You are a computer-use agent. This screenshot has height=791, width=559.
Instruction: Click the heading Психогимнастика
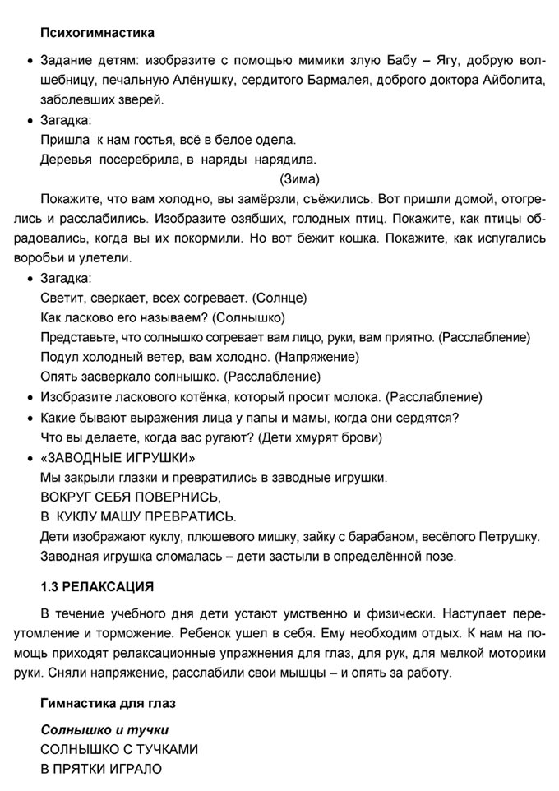[97, 34]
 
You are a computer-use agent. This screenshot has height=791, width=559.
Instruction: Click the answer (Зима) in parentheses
[300, 179]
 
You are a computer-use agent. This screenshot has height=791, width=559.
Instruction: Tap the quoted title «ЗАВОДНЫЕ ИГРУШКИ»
[118, 457]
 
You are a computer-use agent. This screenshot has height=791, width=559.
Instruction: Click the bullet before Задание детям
[30, 62]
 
